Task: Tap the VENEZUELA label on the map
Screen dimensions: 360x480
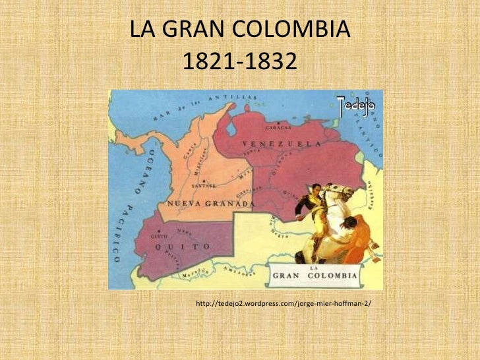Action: pos(282,144)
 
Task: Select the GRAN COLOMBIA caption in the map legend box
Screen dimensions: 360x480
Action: pos(315,275)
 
